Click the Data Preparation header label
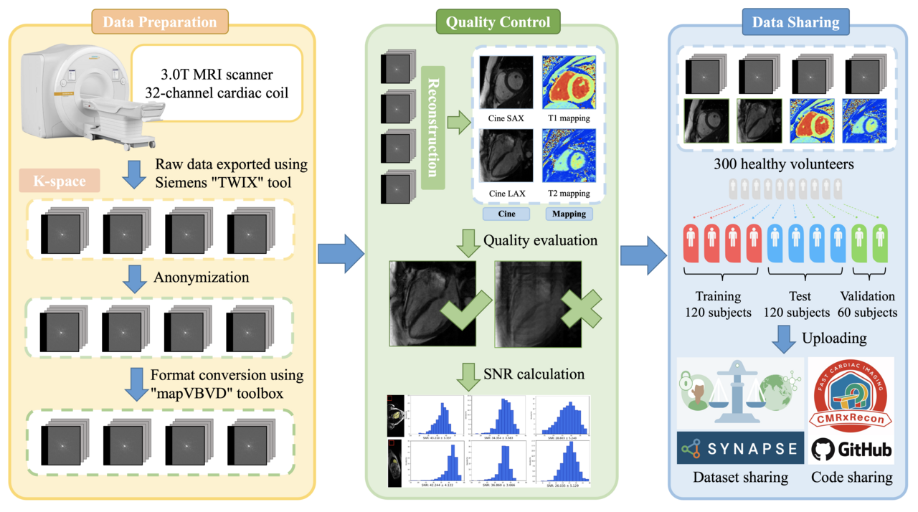(x=160, y=22)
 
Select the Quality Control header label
(x=498, y=22)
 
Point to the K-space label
(x=58, y=181)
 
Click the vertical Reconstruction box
(x=433, y=127)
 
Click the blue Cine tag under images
(x=506, y=214)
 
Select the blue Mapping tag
(x=569, y=214)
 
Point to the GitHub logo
(x=851, y=449)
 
